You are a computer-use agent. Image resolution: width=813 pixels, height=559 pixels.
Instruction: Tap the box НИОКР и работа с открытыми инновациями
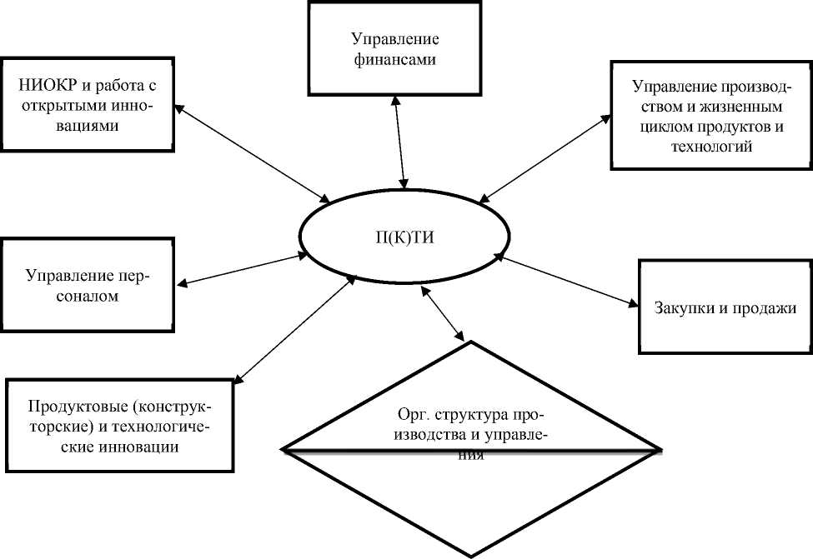click(x=88, y=104)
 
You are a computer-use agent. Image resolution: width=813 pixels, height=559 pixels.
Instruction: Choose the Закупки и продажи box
click(x=724, y=307)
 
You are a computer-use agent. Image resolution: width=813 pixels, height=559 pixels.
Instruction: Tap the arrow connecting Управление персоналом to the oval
click(x=243, y=270)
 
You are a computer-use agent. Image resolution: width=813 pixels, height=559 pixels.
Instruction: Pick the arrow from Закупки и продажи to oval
click(x=567, y=282)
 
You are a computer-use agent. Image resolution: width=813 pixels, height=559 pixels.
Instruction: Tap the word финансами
click(x=394, y=60)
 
